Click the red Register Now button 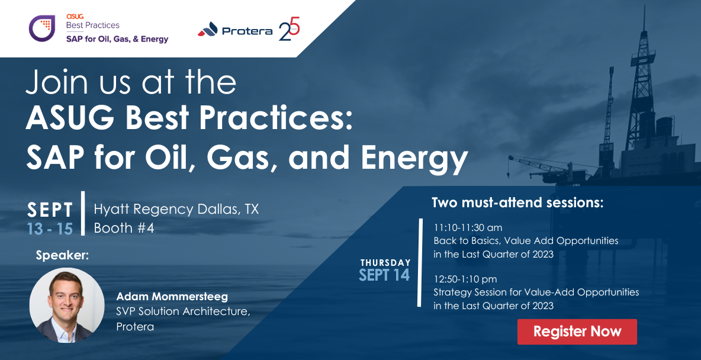(x=577, y=332)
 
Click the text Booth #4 (x=124, y=228)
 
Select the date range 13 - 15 (x=50, y=229)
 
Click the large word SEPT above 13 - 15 (x=50, y=210)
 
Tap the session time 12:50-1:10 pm (x=465, y=279)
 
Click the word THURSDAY (x=385, y=262)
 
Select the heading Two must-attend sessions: (x=517, y=203)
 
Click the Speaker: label (x=62, y=255)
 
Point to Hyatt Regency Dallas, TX (x=176, y=209)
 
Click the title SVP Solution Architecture (x=182, y=311)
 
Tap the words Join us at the (x=131, y=82)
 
